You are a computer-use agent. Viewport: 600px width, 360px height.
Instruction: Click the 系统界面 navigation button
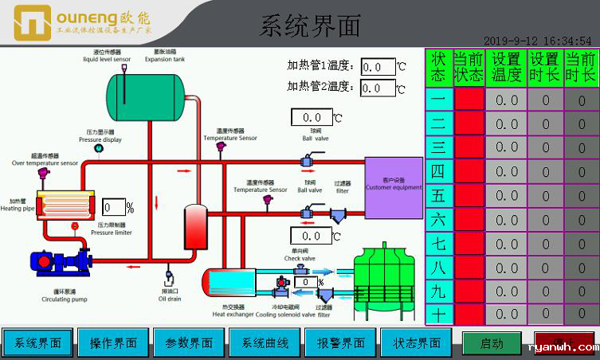click(37, 343)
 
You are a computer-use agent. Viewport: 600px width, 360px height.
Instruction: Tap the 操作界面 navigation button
click(113, 343)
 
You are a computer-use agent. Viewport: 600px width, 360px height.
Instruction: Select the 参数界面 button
click(189, 343)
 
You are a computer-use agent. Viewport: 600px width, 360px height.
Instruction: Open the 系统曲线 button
click(265, 343)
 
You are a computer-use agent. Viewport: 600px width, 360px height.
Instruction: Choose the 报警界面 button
click(341, 343)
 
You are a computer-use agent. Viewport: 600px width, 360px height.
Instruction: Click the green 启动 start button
click(492, 344)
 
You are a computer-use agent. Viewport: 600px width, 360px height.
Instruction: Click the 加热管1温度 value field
click(377, 67)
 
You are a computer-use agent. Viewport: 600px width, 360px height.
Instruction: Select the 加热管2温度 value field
click(377, 88)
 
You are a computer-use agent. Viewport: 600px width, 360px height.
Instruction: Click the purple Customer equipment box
click(394, 187)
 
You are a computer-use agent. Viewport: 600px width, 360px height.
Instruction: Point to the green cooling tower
click(387, 275)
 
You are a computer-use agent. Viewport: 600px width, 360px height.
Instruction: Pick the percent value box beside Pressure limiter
click(114, 209)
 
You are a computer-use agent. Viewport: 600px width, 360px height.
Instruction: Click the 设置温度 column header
click(507, 67)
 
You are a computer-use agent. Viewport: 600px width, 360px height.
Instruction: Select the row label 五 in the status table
click(438, 195)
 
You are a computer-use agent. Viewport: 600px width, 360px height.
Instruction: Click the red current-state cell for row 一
click(469, 100)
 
